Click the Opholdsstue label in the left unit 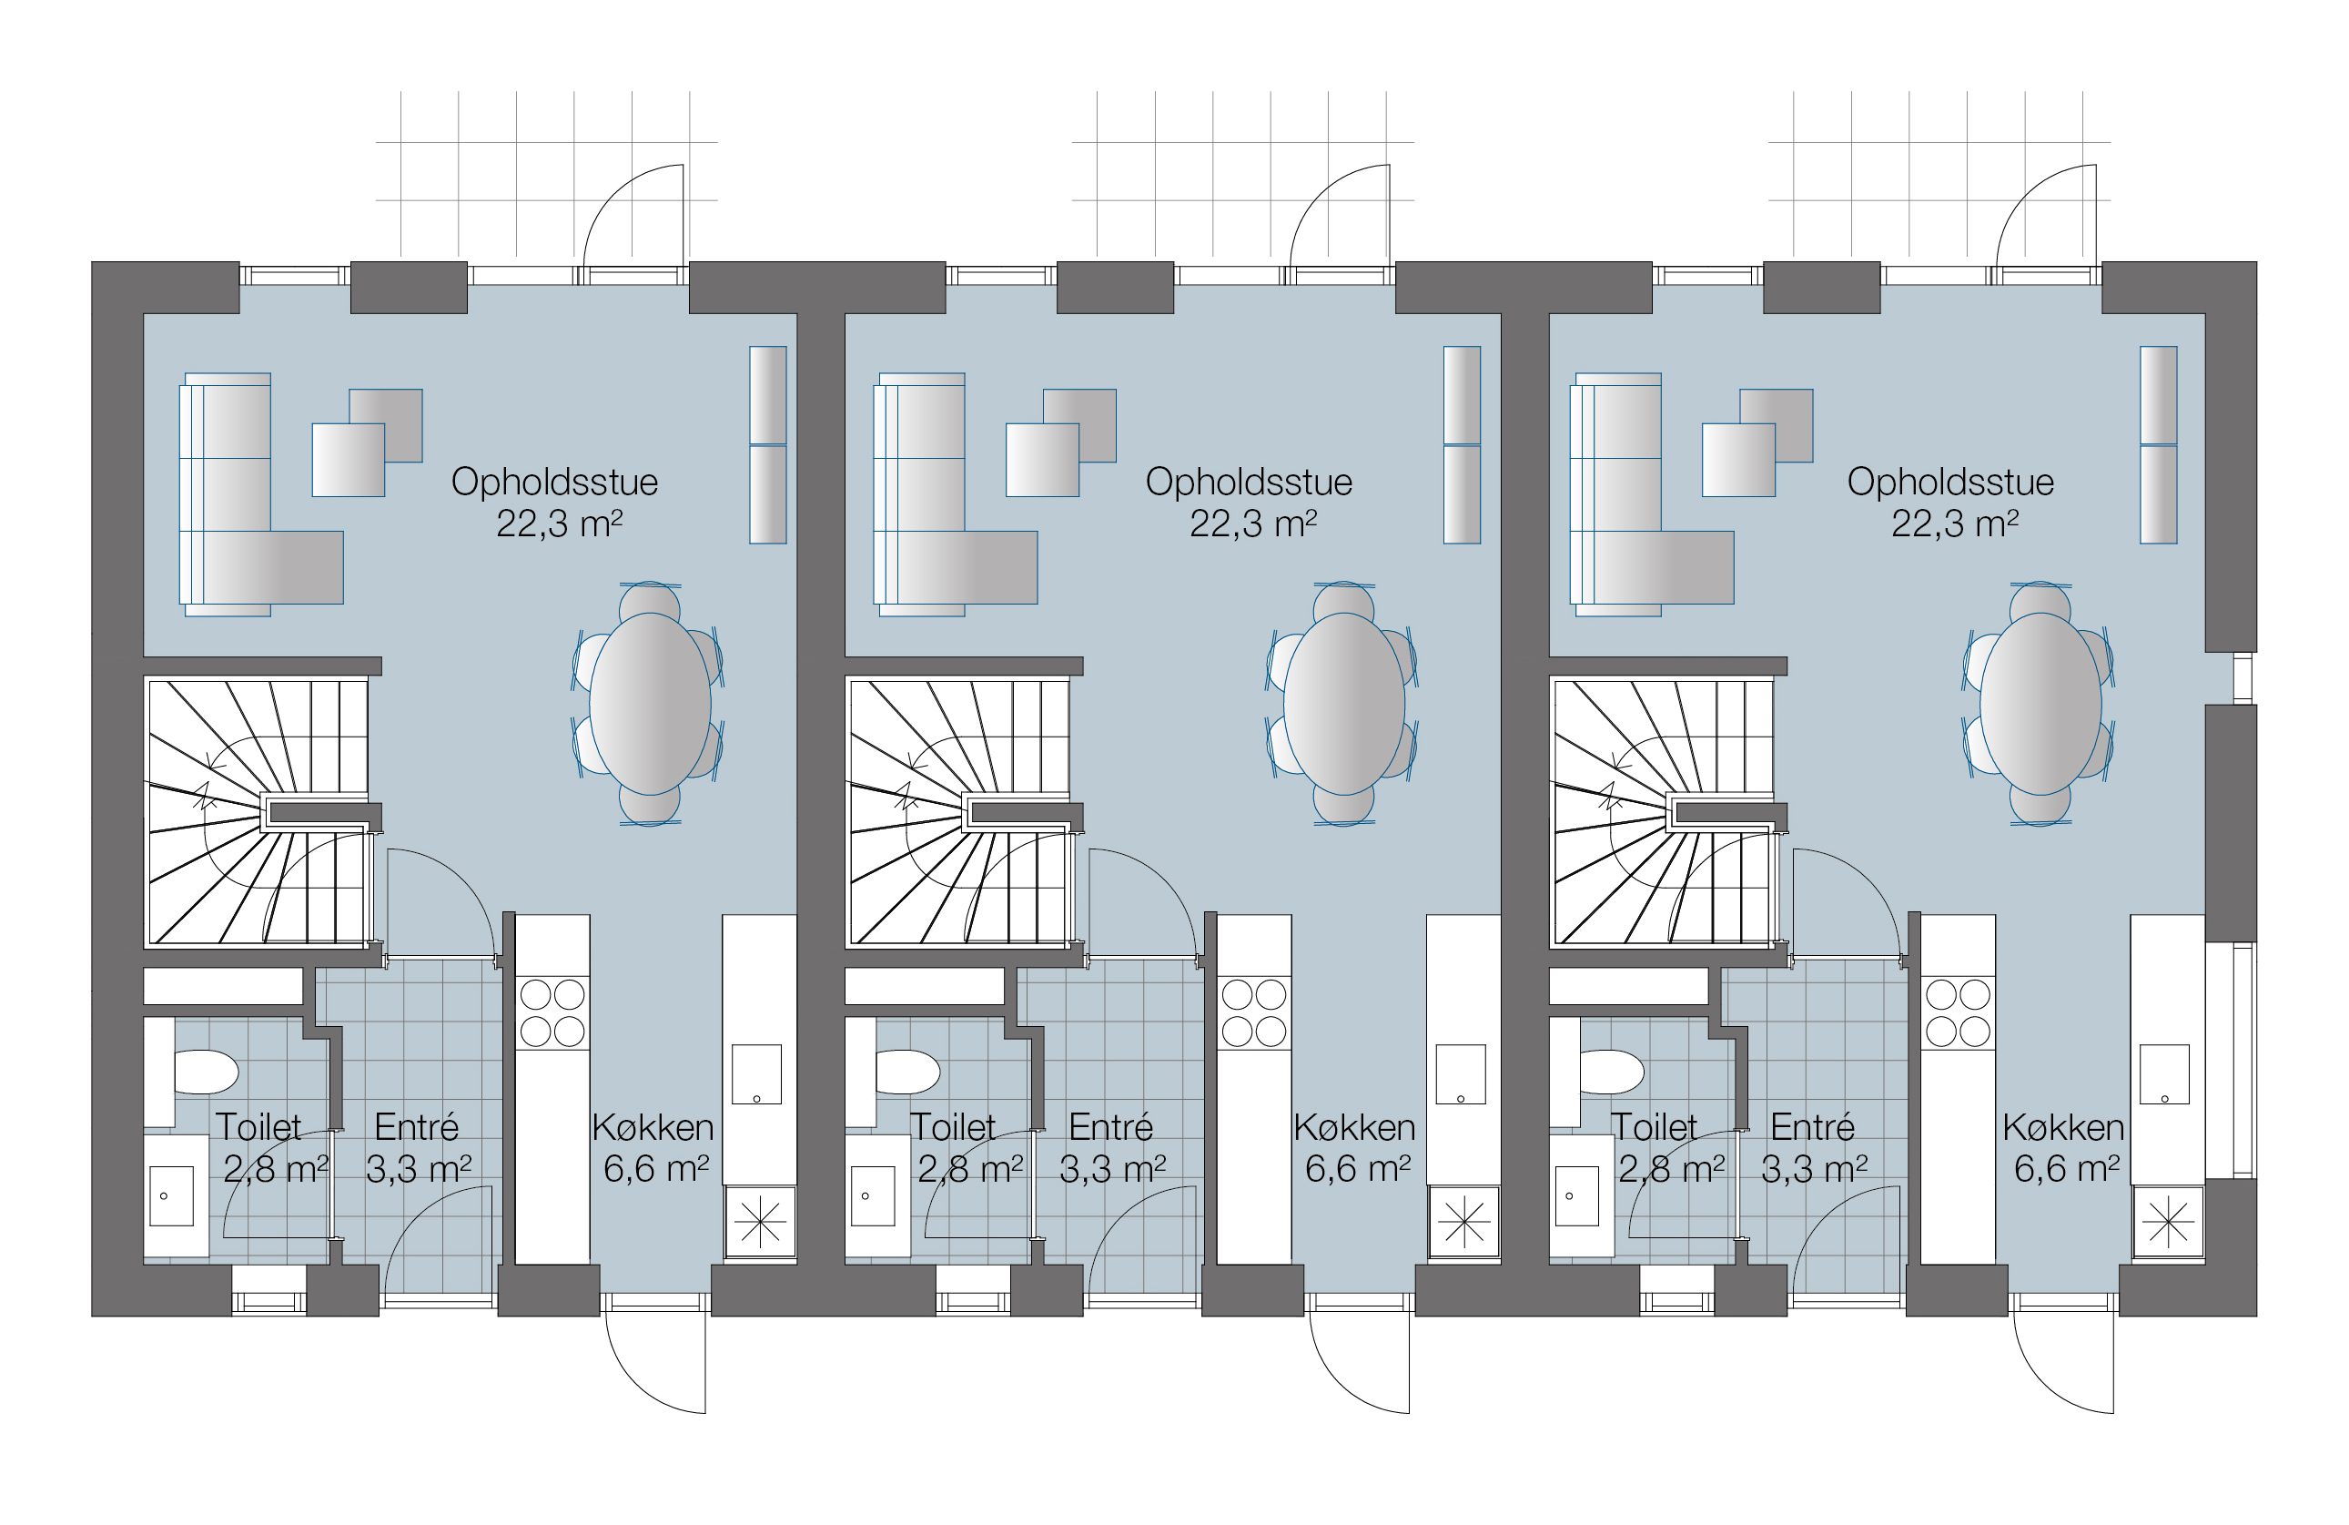coord(553,482)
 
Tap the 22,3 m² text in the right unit coord(1954,524)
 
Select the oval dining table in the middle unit coord(1344,704)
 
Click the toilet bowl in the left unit coord(207,1072)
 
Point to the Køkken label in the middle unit coord(1354,1127)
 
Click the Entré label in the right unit coord(1812,1126)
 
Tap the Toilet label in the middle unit coord(952,1127)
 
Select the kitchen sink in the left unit coord(756,1074)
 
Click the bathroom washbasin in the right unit coord(1576,1195)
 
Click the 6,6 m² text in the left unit coord(656,1170)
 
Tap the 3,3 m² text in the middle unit coord(1112,1170)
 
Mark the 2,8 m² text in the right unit coord(1671,1170)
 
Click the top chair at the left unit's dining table coord(650,601)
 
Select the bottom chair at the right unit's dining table coord(2040,806)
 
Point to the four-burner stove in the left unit coord(552,1012)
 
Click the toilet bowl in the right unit coord(1612,1072)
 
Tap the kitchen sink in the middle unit coord(1460,1074)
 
